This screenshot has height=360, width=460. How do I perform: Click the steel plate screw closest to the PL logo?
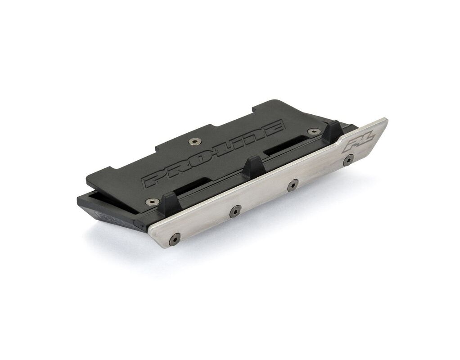(x=348, y=160)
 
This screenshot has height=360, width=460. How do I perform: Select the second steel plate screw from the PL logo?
(x=293, y=185)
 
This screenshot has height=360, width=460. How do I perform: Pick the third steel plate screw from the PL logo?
(x=235, y=211)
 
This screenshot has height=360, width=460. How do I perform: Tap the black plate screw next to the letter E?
(x=314, y=131)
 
